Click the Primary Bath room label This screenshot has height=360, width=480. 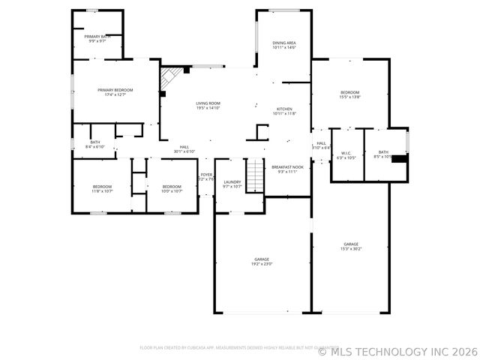97,38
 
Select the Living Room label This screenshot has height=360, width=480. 208,106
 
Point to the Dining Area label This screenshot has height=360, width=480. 283,46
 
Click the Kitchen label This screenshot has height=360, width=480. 284,111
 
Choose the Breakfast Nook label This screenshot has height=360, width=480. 287,169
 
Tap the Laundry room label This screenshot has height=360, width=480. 232,184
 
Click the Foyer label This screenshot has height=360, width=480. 205,177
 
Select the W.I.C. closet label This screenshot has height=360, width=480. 346,155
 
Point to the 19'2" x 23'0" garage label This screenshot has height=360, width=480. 261,261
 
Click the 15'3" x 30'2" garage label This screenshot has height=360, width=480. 351,246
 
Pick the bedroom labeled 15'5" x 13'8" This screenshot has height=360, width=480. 349,94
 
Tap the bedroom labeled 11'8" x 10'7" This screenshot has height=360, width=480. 102,188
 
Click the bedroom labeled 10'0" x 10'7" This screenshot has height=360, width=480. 172,188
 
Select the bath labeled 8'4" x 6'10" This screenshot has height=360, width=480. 95,144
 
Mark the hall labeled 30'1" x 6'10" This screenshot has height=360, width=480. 184,149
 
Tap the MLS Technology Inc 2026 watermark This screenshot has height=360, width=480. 397,350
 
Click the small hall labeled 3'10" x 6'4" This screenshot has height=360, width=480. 321,145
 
